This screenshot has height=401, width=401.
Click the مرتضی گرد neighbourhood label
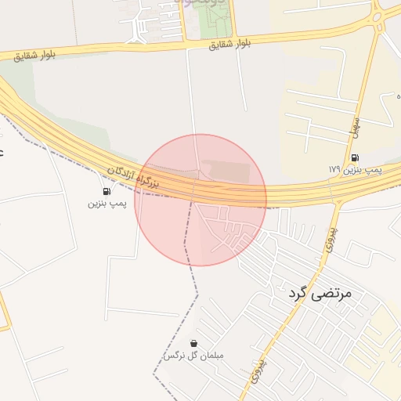320,294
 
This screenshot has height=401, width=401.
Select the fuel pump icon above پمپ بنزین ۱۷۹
355,157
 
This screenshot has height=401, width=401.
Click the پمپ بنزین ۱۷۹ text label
356,169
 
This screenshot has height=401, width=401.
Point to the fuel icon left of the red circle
106,191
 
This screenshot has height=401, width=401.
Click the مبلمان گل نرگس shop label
193,356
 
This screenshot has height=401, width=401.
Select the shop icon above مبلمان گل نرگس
193,343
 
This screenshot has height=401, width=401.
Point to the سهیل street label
354,126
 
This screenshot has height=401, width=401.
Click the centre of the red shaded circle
200,200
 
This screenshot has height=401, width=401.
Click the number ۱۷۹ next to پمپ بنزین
334,169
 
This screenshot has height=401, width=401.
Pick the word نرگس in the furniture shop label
172,356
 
